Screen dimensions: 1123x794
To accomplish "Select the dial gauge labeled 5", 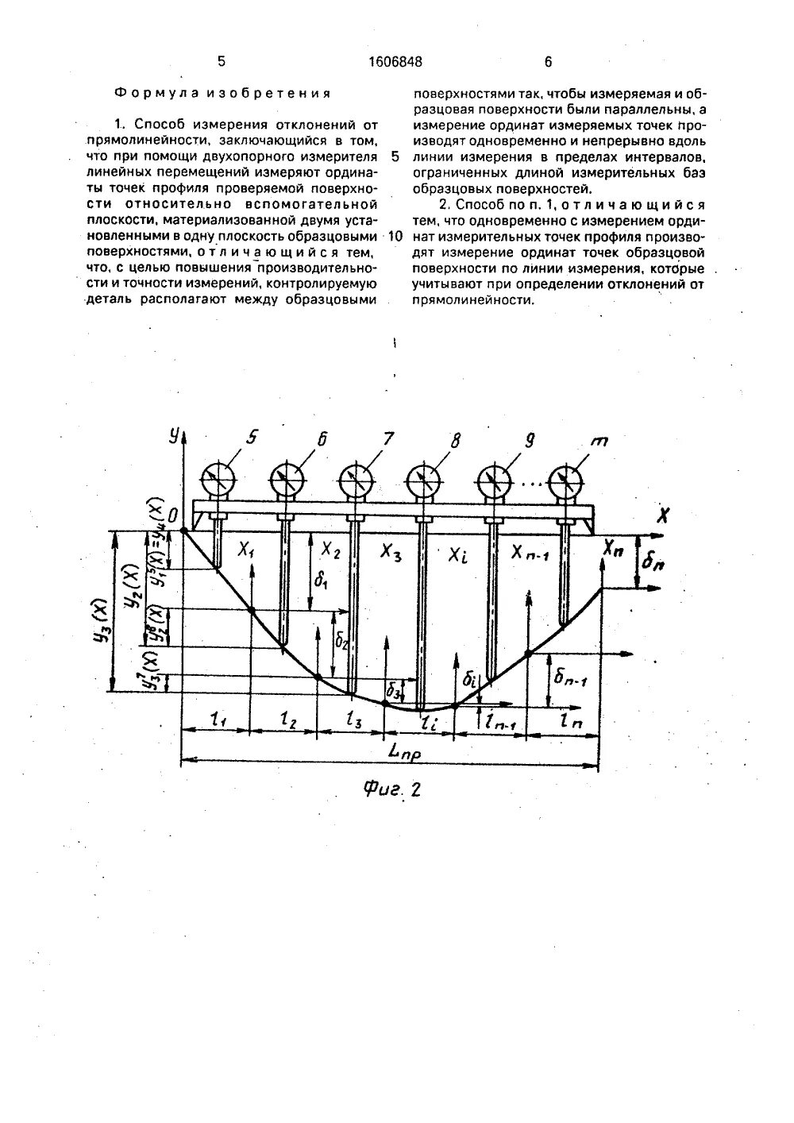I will click(217, 480).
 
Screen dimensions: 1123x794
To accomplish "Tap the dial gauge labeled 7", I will click(356, 480).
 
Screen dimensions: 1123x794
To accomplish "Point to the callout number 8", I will click(455, 438).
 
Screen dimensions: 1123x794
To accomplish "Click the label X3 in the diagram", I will click(391, 551).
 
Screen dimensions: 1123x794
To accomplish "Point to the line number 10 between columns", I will click(396, 237).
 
